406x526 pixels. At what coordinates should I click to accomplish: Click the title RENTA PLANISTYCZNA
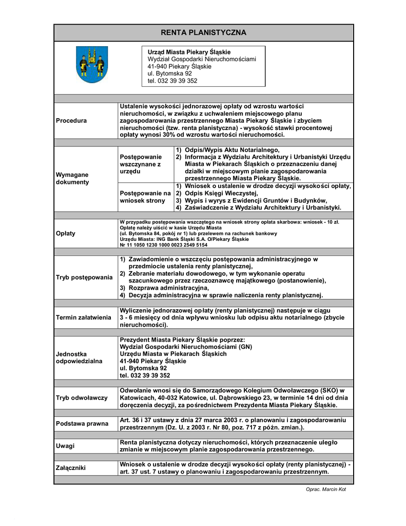(204, 33)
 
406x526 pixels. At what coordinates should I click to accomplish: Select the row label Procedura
(71, 120)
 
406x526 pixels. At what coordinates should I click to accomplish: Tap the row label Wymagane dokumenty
(72, 178)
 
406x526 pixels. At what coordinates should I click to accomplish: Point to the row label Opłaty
(65, 233)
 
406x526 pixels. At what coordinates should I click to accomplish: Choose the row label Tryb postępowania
(84, 277)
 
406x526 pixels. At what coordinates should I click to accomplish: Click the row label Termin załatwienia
(83, 317)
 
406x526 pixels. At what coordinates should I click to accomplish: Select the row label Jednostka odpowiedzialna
(79, 358)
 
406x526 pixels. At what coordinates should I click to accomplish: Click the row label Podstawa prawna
(82, 424)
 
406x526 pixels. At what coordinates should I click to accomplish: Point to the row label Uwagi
(65, 446)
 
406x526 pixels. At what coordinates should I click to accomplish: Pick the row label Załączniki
(71, 468)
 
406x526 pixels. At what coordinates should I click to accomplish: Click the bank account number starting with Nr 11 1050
(163, 245)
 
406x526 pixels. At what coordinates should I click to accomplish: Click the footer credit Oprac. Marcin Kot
(326, 490)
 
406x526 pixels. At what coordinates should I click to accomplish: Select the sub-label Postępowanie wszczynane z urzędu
(141, 163)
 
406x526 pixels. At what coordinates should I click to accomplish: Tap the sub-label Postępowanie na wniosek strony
(145, 197)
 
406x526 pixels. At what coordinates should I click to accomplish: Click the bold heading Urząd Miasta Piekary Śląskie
(189, 52)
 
